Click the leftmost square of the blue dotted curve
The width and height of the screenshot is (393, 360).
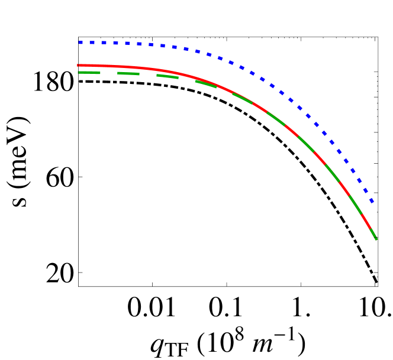coord(80,43)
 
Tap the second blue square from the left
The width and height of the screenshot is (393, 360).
coord(92,43)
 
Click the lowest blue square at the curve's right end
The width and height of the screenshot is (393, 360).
coord(372,202)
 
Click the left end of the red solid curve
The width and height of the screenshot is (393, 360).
coord(79,65)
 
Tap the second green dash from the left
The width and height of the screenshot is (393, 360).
coord(128,73)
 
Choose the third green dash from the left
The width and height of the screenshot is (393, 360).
coord(167,76)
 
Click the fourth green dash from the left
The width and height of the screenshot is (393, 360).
coord(205,84)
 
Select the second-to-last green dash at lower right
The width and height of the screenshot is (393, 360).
coord(355,205)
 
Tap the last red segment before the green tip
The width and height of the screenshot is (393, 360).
coord(366,222)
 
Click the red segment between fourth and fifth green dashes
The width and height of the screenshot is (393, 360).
coord(224,89)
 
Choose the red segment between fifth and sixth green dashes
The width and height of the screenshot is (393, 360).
coord(259,107)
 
